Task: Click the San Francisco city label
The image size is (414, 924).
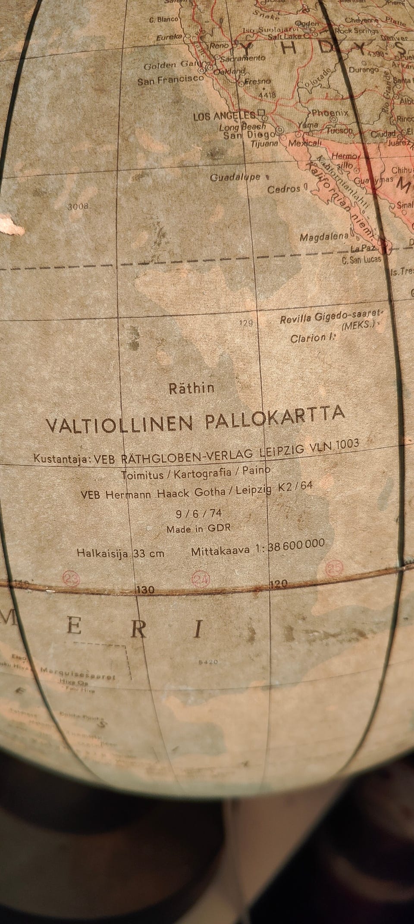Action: pos(170,80)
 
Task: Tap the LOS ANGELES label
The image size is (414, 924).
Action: pos(224,116)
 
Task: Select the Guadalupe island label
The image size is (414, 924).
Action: pos(235,177)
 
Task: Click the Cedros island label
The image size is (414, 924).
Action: pos(284,189)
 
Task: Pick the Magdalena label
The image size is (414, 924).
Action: pos(324,237)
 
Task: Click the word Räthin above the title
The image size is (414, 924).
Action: pos(191,388)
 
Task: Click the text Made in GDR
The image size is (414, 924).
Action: pos(198,528)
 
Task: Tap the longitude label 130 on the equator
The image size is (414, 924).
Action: pos(145,590)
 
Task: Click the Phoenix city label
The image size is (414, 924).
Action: pos(329,113)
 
